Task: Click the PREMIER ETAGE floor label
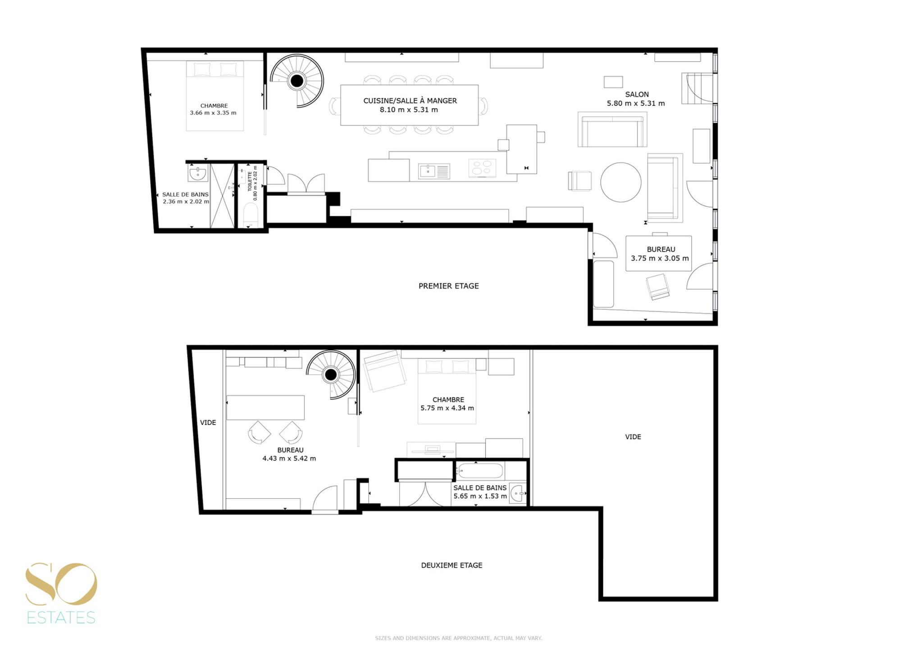(448, 286)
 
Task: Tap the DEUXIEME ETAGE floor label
(452, 565)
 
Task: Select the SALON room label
(637, 94)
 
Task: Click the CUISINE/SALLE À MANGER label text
(410, 101)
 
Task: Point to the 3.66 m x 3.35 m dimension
(213, 113)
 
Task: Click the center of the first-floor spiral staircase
(297, 81)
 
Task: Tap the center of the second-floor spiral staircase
(331, 374)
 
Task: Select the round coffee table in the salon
(621, 182)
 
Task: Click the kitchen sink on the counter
(434, 171)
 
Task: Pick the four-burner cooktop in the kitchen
(482, 168)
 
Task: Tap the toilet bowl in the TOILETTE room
(251, 215)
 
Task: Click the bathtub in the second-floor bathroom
(480, 471)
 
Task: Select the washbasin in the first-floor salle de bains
(198, 173)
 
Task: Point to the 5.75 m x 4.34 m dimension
(447, 408)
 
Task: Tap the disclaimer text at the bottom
(458, 638)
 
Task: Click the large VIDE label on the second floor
(633, 437)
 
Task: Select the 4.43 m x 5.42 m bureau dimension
(289, 458)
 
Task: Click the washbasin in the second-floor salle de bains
(518, 494)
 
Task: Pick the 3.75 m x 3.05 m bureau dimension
(660, 258)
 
